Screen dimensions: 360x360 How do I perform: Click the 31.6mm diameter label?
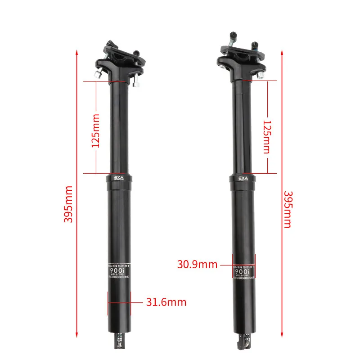point(166,302)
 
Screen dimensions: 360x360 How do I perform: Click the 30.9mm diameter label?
point(197,264)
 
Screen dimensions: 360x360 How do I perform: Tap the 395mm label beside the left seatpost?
point(68,205)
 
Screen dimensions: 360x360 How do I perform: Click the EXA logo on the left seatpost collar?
point(119,178)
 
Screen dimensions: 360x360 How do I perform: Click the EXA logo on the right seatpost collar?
point(243,179)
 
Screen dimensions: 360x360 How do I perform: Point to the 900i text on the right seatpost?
point(243,272)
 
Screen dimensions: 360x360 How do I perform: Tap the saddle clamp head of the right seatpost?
point(241,58)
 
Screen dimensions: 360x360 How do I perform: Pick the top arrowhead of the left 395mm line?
point(77,52)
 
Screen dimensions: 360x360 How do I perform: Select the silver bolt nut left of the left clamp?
point(98,72)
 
